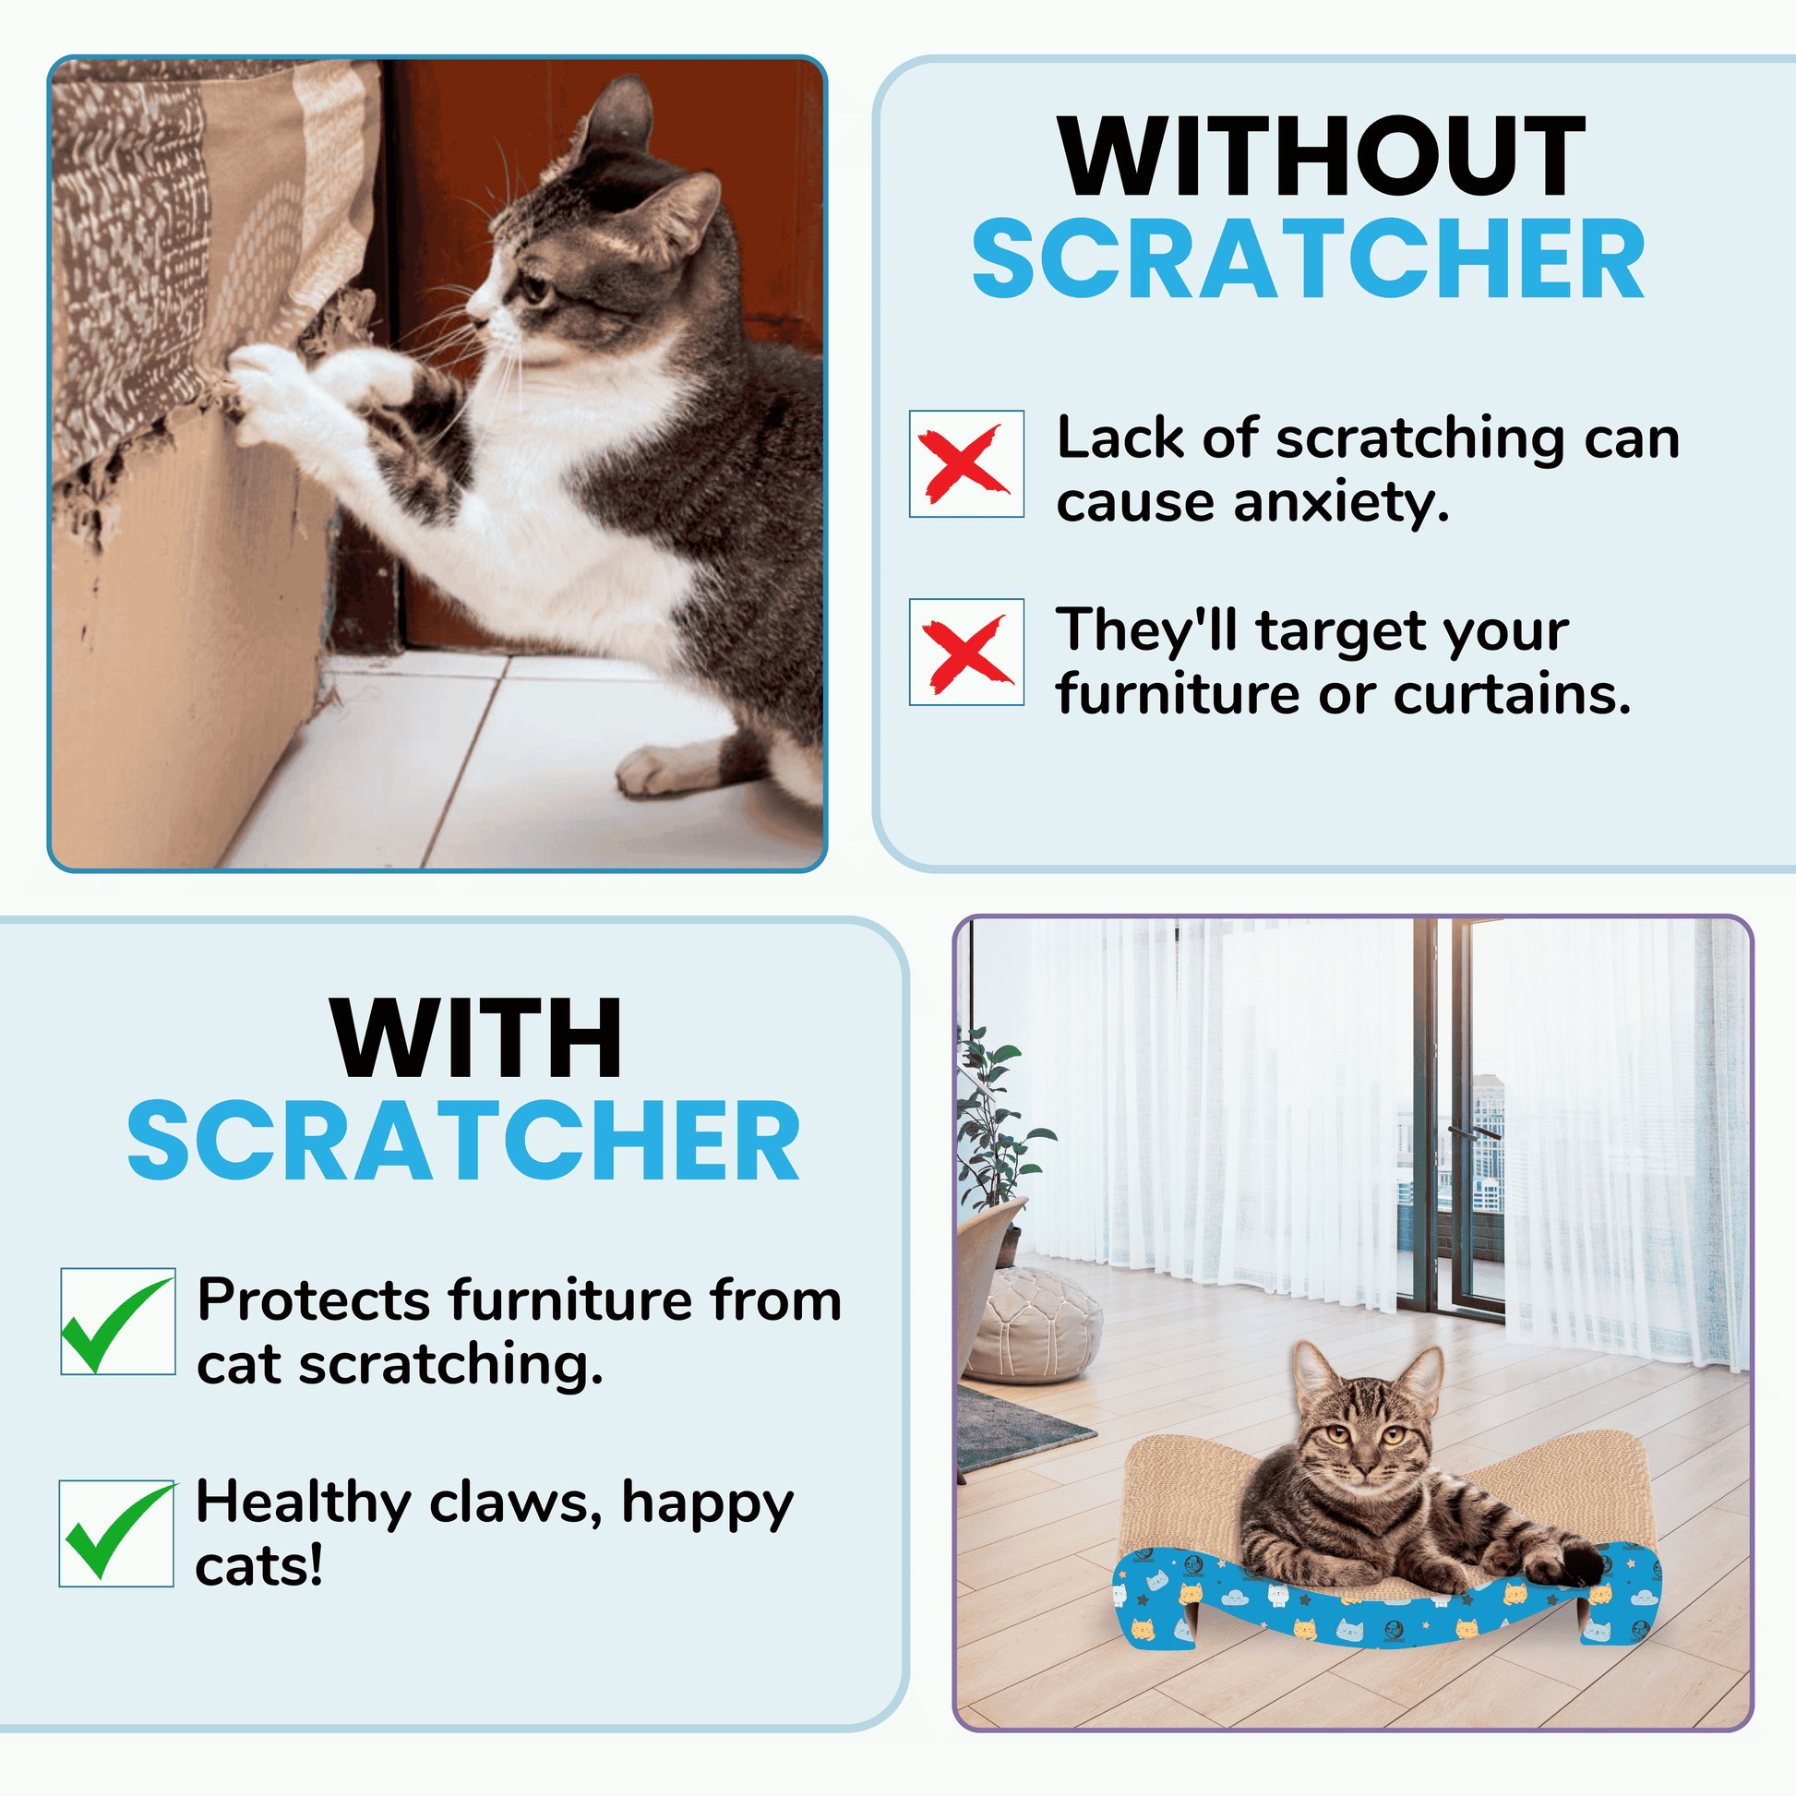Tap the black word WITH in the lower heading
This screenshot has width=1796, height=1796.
477,1037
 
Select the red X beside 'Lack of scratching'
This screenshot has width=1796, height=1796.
965,463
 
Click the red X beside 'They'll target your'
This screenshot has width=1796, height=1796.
967,653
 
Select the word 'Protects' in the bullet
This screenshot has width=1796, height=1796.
314,1299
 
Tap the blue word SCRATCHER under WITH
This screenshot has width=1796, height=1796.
464,1141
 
